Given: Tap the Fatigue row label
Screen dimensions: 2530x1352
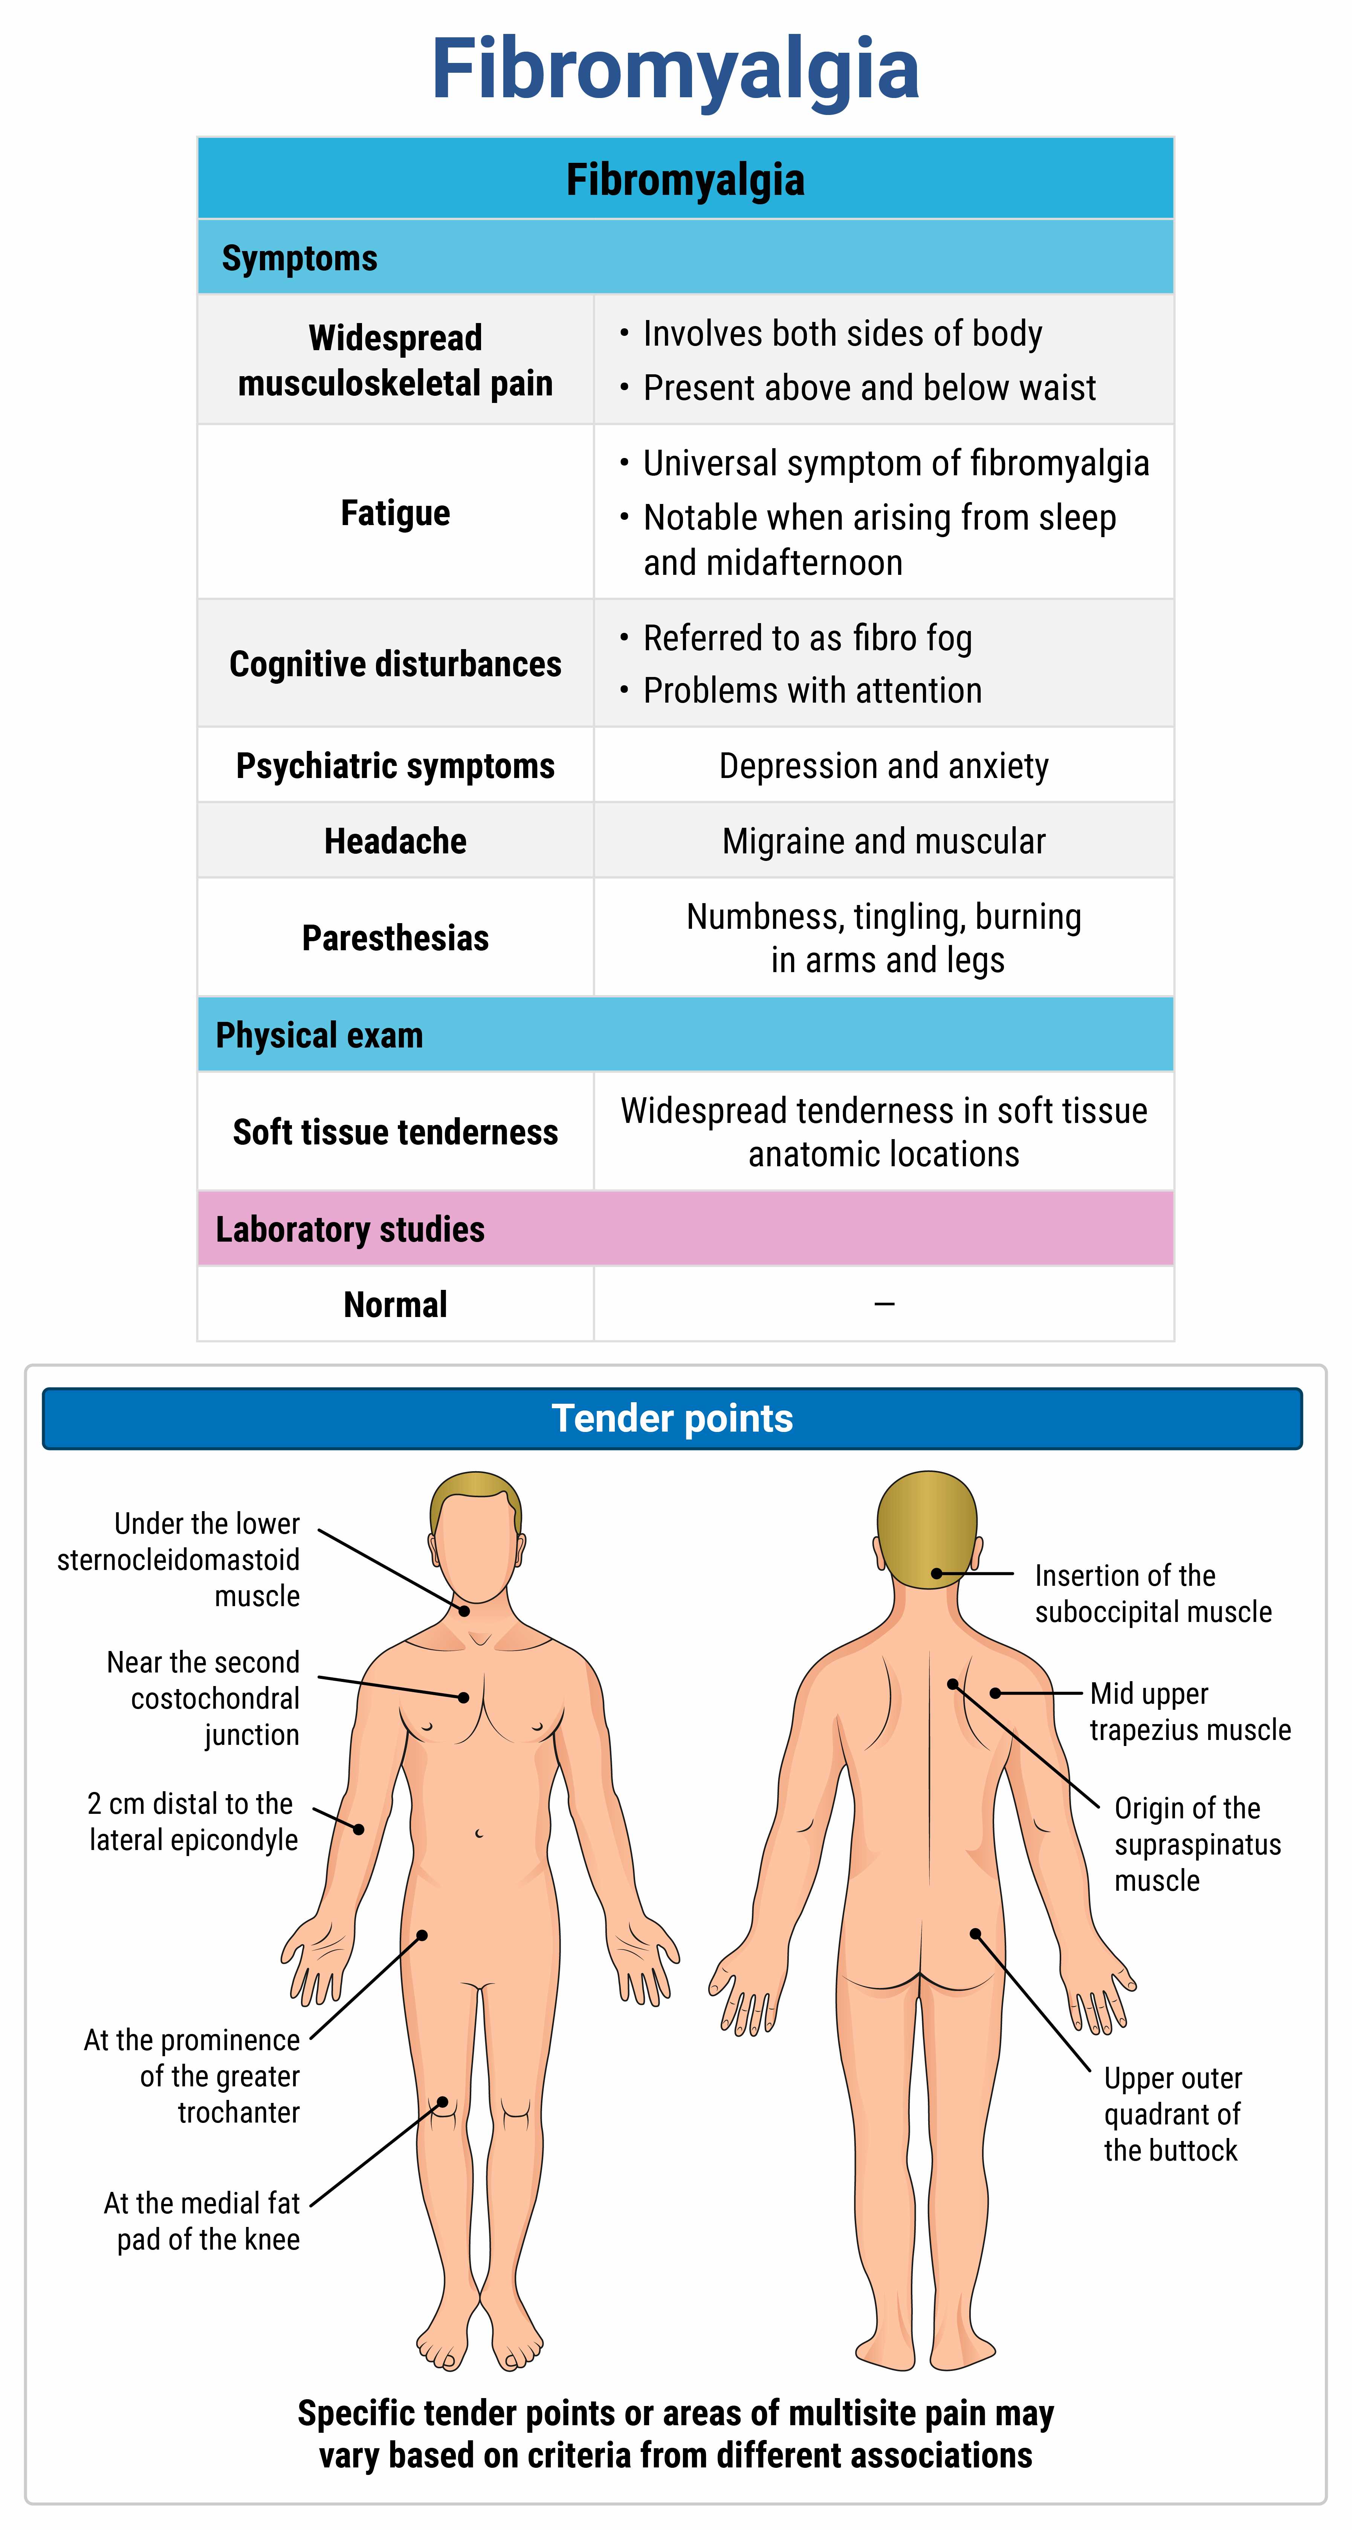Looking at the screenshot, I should pyautogui.click(x=395, y=513).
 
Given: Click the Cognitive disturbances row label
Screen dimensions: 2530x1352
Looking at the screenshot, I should pyautogui.click(x=395, y=664).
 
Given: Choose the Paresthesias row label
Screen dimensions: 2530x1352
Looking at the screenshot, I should pyautogui.click(x=395, y=938).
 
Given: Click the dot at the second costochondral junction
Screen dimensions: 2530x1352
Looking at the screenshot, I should pyautogui.click(x=463, y=1697).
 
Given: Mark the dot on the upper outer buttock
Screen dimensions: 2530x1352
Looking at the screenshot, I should pyautogui.click(x=975, y=1934).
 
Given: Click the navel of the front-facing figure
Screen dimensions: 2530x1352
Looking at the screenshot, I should pyautogui.click(x=479, y=1833).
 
